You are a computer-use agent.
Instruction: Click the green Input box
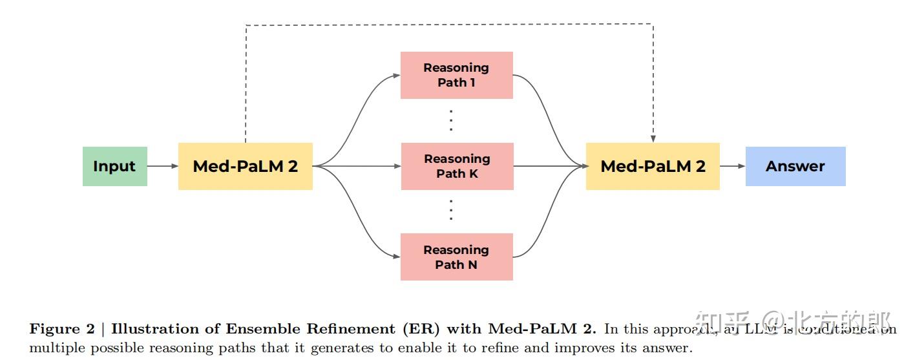pyautogui.click(x=114, y=166)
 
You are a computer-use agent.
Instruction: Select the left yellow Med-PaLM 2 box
pyautogui.click(x=245, y=166)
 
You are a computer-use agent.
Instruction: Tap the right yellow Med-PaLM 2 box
pyautogui.click(x=653, y=166)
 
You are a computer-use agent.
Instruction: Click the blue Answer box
pyautogui.click(x=795, y=166)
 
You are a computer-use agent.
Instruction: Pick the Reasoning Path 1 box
pyautogui.click(x=456, y=75)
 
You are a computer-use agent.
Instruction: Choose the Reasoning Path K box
pyautogui.click(x=457, y=166)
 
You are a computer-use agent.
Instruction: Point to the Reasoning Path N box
pyautogui.click(x=456, y=257)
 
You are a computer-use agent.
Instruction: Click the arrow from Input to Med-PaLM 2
pyautogui.click(x=163, y=166)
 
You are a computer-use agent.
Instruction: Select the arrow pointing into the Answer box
pyautogui.click(x=733, y=166)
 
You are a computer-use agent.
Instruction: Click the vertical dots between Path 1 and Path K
pyautogui.click(x=451, y=120)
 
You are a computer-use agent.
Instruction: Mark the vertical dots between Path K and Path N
pyautogui.click(x=451, y=211)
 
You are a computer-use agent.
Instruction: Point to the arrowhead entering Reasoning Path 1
pyautogui.click(x=396, y=75)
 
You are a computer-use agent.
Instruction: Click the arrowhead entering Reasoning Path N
pyautogui.click(x=396, y=257)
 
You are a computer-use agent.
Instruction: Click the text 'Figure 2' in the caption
pyautogui.click(x=61, y=329)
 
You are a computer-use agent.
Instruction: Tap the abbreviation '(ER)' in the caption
pyautogui.click(x=421, y=329)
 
